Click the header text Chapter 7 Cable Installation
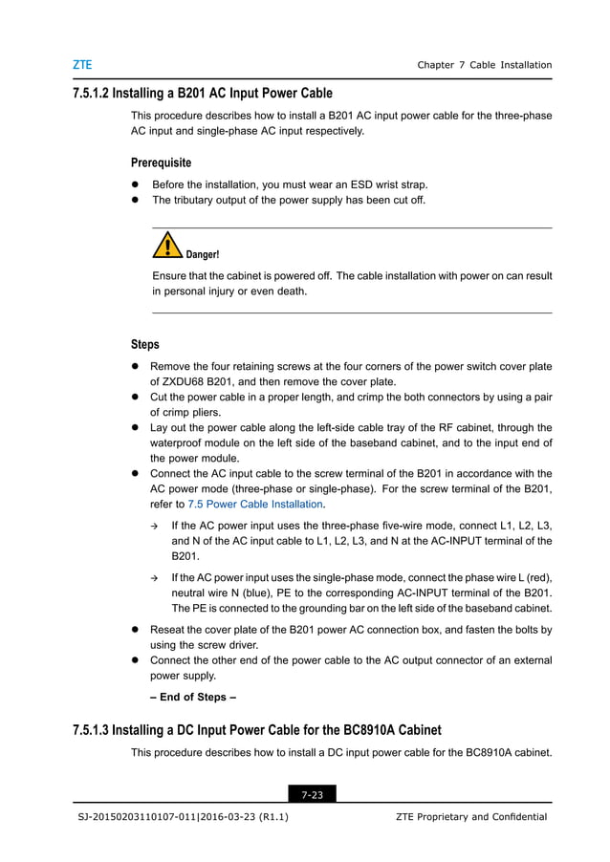[x=484, y=65]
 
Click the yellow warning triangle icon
[x=167, y=247]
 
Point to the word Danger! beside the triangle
[x=202, y=255]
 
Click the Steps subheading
[x=144, y=344]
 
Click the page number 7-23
[x=312, y=793]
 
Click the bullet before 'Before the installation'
[x=136, y=184]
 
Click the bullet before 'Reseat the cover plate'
[x=136, y=631]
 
